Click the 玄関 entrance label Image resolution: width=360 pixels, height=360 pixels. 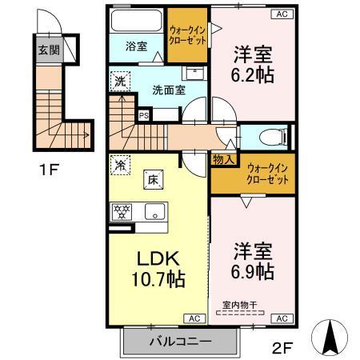[x=47, y=49]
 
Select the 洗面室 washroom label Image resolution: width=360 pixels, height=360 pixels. [x=169, y=90]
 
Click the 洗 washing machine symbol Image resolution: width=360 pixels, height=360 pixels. [x=119, y=81]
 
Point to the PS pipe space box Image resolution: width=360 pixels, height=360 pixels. [x=144, y=115]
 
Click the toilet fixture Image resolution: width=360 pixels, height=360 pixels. [x=269, y=137]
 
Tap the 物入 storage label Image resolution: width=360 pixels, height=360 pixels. [x=223, y=159]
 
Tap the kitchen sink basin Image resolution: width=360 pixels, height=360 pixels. [x=154, y=212]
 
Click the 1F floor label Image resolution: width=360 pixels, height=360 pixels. [x=51, y=170]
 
